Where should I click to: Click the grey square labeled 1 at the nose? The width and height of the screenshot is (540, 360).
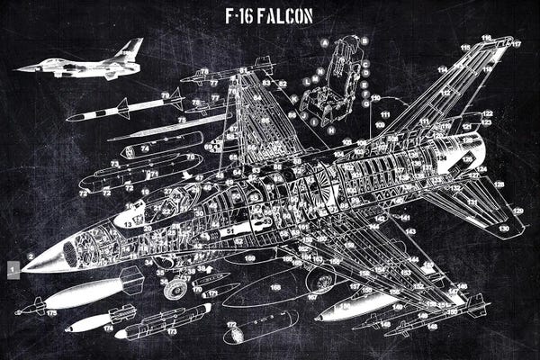[12, 266]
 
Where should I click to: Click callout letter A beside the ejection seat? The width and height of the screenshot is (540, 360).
[324, 42]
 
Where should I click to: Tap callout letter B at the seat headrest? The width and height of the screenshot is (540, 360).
[364, 40]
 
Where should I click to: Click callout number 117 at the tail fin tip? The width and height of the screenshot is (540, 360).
[517, 43]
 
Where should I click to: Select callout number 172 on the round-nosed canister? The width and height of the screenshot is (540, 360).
[230, 324]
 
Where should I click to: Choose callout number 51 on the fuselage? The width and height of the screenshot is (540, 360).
[232, 230]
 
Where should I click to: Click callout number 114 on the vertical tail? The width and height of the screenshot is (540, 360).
[443, 68]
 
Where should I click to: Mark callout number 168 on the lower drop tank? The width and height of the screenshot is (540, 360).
[275, 287]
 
